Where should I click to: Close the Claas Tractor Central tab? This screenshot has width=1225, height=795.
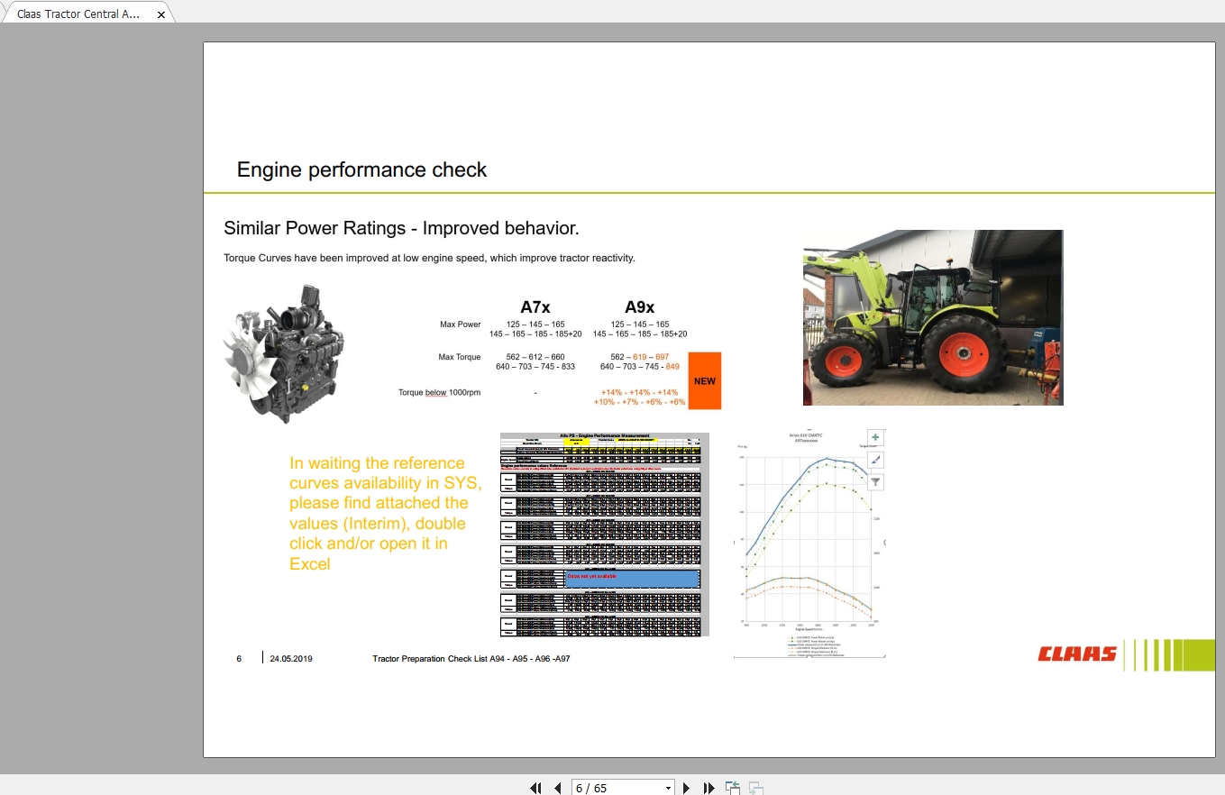(x=161, y=14)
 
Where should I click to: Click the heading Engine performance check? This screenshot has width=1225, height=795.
(x=361, y=169)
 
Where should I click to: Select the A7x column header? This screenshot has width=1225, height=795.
(x=535, y=306)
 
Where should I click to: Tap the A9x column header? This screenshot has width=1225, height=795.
(x=639, y=306)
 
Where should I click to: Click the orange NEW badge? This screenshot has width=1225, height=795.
(x=704, y=380)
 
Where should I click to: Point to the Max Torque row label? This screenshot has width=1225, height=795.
(x=460, y=357)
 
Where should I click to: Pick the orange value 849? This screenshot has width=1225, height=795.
(x=672, y=367)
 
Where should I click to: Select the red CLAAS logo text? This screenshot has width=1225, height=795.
(x=1077, y=654)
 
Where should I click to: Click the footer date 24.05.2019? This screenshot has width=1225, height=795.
(x=291, y=659)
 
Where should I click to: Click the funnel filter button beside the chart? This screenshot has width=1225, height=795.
(x=875, y=482)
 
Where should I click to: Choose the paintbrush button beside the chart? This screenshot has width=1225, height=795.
(x=875, y=460)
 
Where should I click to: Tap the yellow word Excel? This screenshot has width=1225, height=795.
(x=310, y=564)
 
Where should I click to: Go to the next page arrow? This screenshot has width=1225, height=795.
(x=687, y=788)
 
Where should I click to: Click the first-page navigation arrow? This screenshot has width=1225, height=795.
(x=535, y=788)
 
